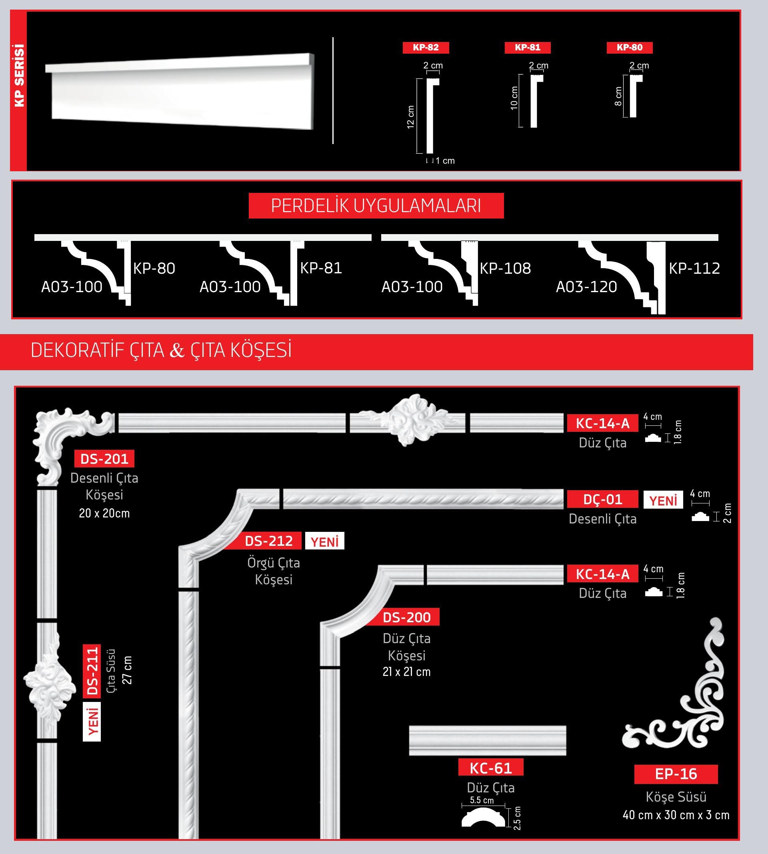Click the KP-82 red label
pyautogui.click(x=426, y=48)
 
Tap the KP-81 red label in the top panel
pyautogui.click(x=528, y=48)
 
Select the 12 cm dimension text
pyautogui.click(x=410, y=117)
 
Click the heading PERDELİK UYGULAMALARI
pyautogui.click(x=376, y=206)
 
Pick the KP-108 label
pyautogui.click(x=505, y=268)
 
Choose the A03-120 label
pyautogui.click(x=586, y=287)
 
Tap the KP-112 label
pyautogui.click(x=694, y=268)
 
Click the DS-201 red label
pyautogui.click(x=104, y=459)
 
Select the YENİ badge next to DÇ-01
pyautogui.click(x=663, y=500)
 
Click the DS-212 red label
pyautogui.click(x=269, y=541)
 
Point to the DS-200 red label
pyautogui.click(x=406, y=617)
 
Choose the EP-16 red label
pyautogui.click(x=676, y=774)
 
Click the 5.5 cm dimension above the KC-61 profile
pyautogui.click(x=482, y=800)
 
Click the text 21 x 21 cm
pyautogui.click(x=406, y=672)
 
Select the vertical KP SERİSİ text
pyautogui.click(x=19, y=76)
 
